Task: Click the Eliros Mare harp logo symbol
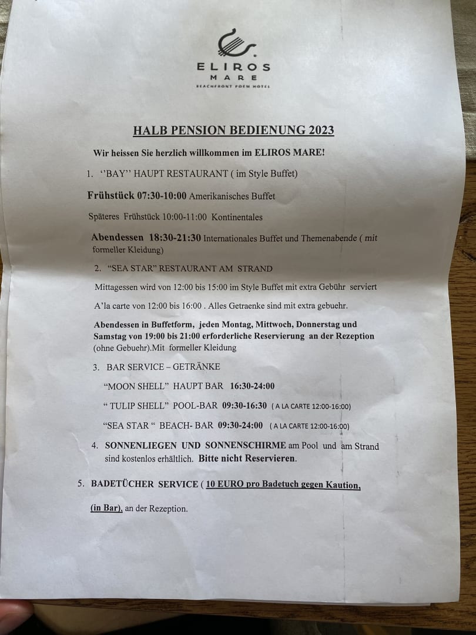pos(233,44)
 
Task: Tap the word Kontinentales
pos(237,217)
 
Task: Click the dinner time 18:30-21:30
pos(176,238)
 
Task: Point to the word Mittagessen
pos(119,288)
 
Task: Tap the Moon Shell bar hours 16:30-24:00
pos(253,386)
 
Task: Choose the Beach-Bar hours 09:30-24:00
pos(240,425)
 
